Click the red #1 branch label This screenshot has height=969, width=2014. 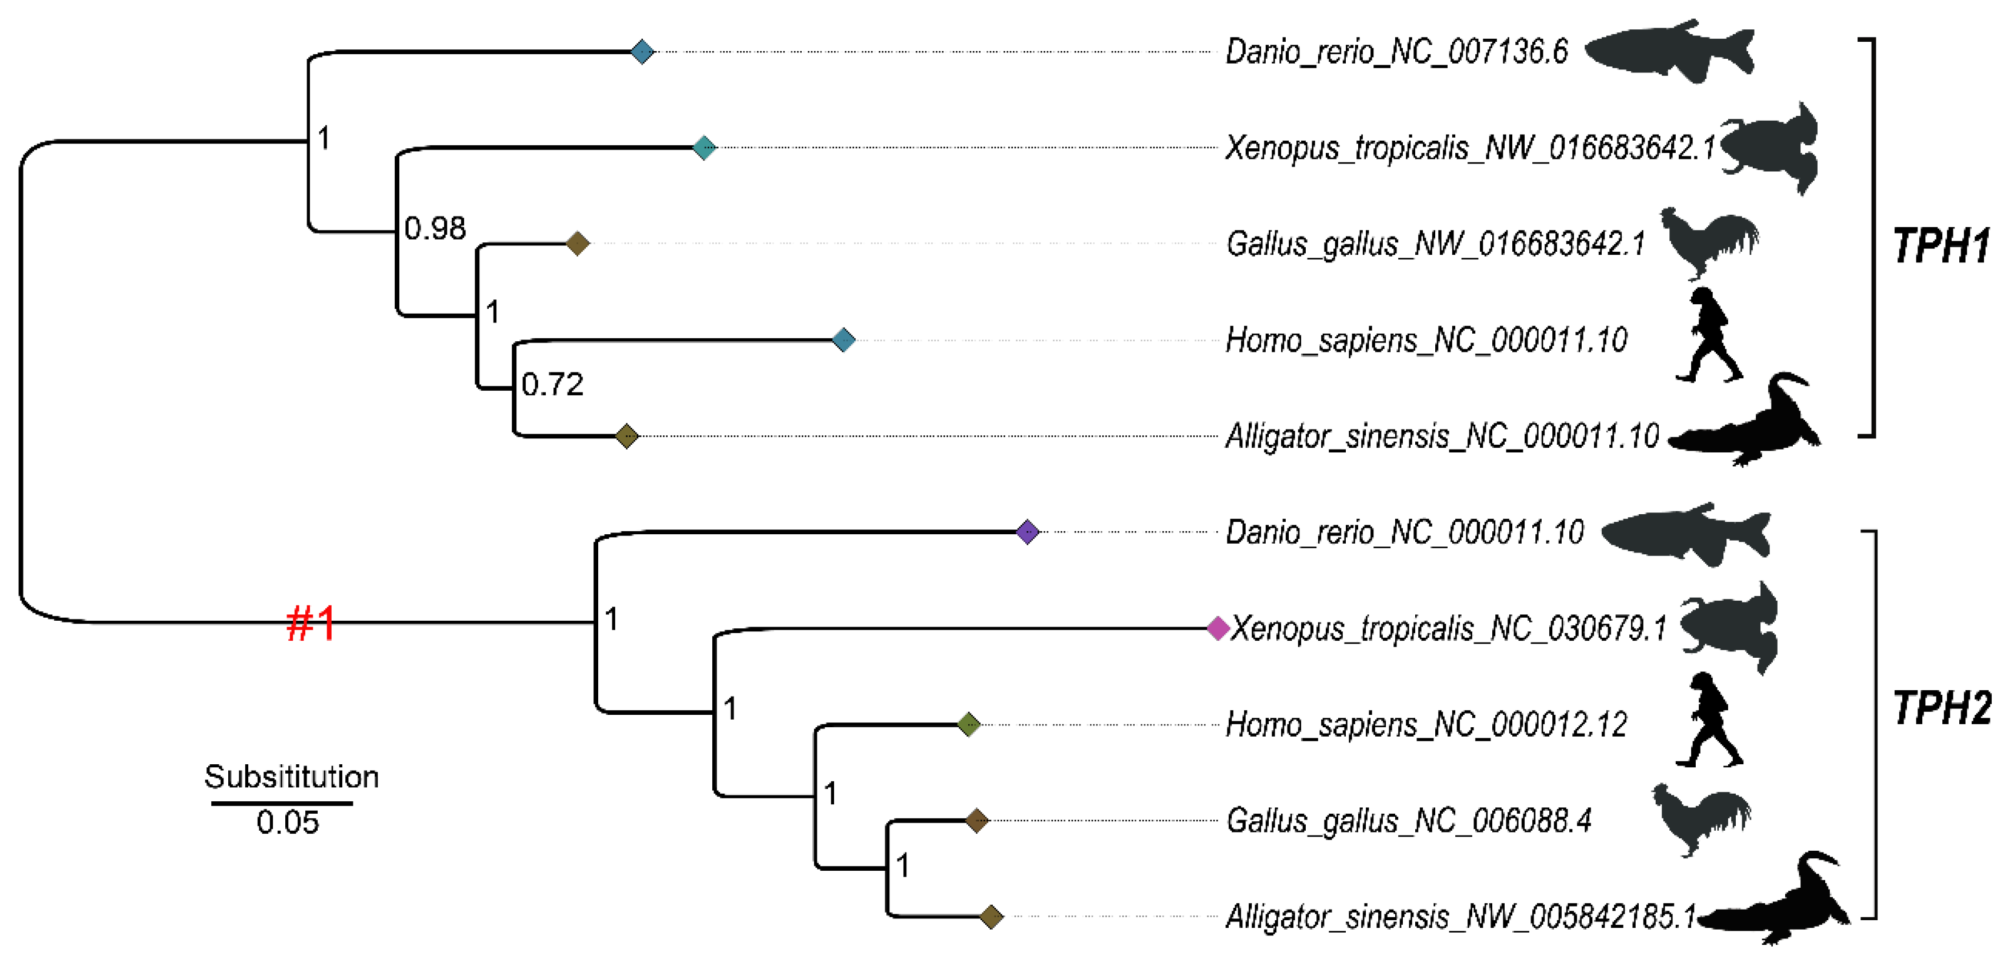pos(311,623)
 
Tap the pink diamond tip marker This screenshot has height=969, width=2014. pos(1218,628)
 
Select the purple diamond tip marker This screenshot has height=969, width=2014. pos(1028,532)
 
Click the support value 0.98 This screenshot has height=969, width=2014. pos(435,228)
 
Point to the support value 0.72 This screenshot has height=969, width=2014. pos(552,384)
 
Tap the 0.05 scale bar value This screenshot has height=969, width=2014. pos(288,822)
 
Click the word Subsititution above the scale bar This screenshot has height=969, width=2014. pos(291,777)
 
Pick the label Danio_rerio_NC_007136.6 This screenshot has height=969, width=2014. pos(1396,52)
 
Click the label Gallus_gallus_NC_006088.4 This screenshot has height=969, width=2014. pos(1409,820)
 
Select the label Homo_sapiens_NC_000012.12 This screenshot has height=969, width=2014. pos(1426,724)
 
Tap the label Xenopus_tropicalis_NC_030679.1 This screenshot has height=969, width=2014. pos(1448,628)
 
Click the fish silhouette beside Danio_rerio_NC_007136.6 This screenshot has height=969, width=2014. pos(1670,52)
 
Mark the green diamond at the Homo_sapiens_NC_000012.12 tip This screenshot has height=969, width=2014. pos(969,724)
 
